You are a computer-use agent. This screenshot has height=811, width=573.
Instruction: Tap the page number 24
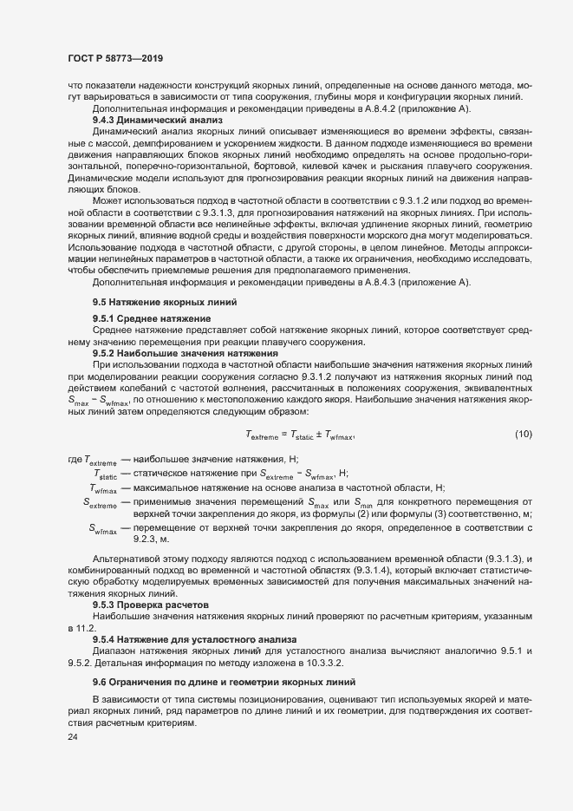pos(72,737)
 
